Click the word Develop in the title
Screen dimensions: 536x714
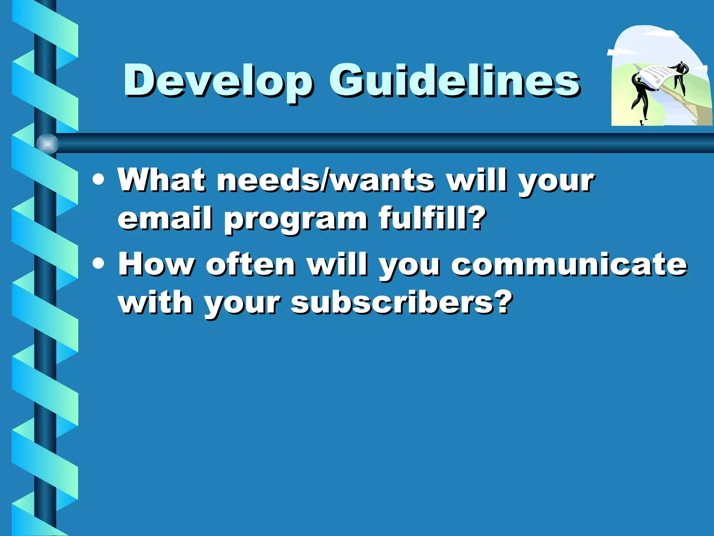tap(218, 81)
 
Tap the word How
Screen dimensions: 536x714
tap(155, 264)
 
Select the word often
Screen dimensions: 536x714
tap(250, 264)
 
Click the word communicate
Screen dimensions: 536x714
tap(569, 264)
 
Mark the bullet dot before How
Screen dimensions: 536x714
tap(99, 264)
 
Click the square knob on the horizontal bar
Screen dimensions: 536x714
tap(47, 144)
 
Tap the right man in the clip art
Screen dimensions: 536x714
tap(680, 77)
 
